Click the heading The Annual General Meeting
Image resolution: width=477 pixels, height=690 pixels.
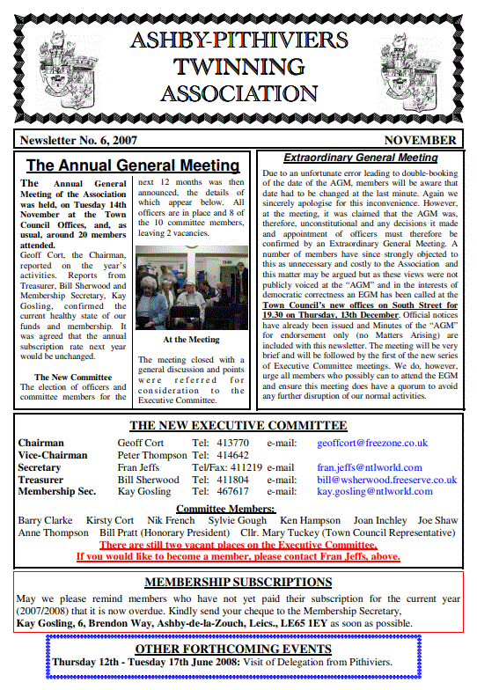[133, 165]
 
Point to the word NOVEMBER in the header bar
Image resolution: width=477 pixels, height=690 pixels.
[420, 140]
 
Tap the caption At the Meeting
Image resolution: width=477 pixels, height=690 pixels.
[190, 339]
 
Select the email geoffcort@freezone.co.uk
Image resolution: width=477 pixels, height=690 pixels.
[372, 443]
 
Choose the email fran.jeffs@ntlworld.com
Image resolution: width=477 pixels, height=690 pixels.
[370, 467]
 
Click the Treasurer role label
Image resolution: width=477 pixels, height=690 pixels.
[40, 480]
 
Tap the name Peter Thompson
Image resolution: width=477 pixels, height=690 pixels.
[152, 455]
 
